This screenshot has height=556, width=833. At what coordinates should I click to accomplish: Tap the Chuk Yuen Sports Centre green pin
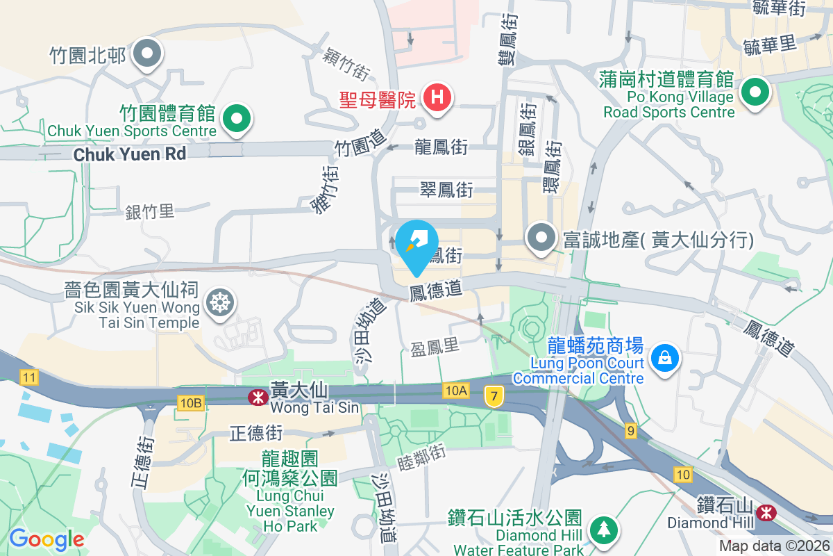237,119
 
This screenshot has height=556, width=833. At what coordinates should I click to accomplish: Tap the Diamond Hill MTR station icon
767,512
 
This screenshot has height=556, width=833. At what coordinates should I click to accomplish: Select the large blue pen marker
416,243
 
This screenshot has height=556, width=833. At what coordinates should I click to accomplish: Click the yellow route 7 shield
494,395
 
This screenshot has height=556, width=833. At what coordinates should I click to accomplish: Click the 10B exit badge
190,402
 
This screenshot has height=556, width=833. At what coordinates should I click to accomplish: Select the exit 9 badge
630,431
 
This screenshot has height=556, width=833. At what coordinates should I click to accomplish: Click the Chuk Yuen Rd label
130,154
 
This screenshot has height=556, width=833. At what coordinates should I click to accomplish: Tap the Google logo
46,539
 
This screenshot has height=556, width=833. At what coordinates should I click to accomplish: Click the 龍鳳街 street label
441,147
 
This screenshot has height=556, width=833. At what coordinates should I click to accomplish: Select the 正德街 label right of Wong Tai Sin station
256,434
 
